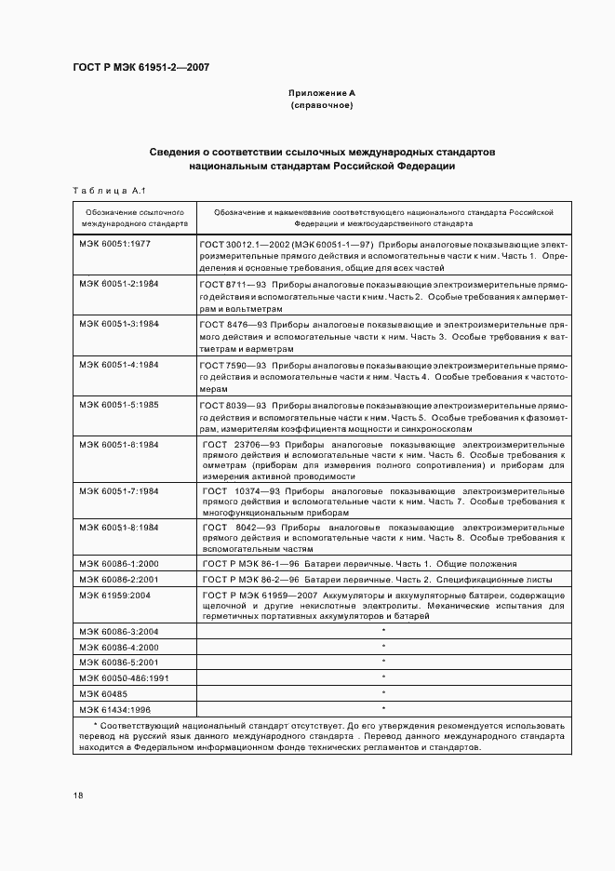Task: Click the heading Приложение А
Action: click(321, 94)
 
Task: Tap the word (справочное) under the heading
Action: click(321, 106)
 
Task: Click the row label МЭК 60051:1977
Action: click(115, 242)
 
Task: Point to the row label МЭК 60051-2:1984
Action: click(119, 283)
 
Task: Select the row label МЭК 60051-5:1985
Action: click(119, 405)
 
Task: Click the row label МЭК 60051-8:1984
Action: click(119, 527)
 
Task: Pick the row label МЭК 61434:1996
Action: click(115, 709)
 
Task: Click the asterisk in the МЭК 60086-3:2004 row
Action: click(383, 632)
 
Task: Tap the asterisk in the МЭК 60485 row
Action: click(383, 694)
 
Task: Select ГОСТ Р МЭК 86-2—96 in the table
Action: click(247, 578)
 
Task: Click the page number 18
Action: click(78, 795)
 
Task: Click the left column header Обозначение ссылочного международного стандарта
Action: click(134, 218)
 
